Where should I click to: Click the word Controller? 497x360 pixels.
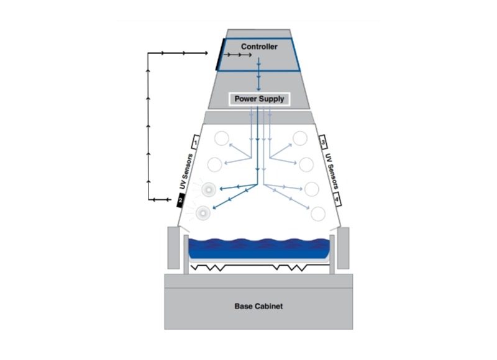click(259, 47)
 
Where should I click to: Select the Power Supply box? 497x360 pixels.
click(259, 99)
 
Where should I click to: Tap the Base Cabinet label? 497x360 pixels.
click(259, 306)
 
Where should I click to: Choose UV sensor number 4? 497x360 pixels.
click(337, 199)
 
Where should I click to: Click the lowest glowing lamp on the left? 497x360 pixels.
click(203, 215)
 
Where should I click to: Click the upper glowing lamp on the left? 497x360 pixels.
click(208, 189)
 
